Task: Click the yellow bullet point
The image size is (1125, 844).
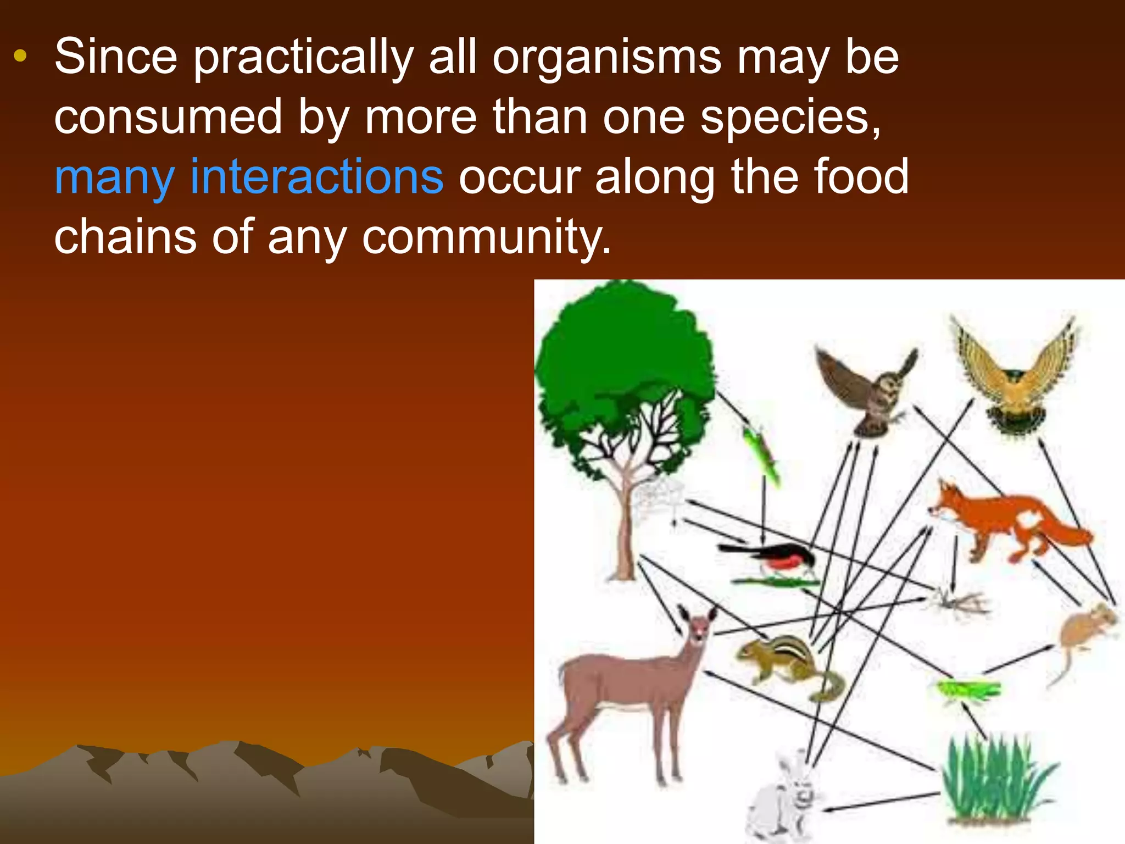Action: tap(20, 55)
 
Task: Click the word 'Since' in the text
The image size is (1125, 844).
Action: tap(116, 57)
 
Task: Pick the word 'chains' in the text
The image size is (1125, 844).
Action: tap(125, 236)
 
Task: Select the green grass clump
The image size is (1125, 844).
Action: tap(997, 780)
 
